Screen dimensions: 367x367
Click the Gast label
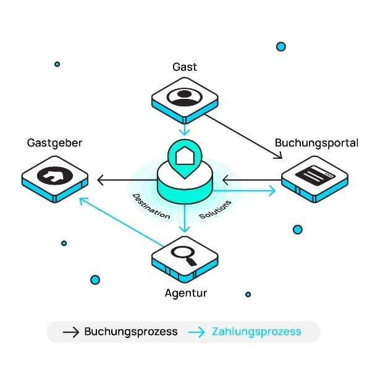[x=185, y=67]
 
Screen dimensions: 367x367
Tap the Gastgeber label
[x=54, y=143]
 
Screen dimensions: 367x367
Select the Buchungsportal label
[x=316, y=143]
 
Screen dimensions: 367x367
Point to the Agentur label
[x=186, y=293]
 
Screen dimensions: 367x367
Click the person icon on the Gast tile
[x=185, y=97]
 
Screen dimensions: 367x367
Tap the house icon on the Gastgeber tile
[x=55, y=175]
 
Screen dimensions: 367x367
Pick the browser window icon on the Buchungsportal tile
[x=315, y=175]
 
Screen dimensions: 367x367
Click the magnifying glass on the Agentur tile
[x=184, y=256]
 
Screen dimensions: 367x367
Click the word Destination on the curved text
[x=151, y=206]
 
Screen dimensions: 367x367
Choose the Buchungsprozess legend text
[x=131, y=332]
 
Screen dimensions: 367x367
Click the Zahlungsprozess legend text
[x=256, y=332]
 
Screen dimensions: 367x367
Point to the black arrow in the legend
[x=71, y=332]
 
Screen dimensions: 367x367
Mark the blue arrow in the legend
[x=196, y=332]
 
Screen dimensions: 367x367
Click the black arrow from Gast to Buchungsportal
[x=243, y=137]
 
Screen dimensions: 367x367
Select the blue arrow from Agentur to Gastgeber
[x=121, y=222]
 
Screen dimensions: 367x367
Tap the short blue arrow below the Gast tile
[x=185, y=129]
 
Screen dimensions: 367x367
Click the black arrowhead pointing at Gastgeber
[x=100, y=180]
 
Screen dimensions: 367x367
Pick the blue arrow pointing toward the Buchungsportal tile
[x=244, y=191]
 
